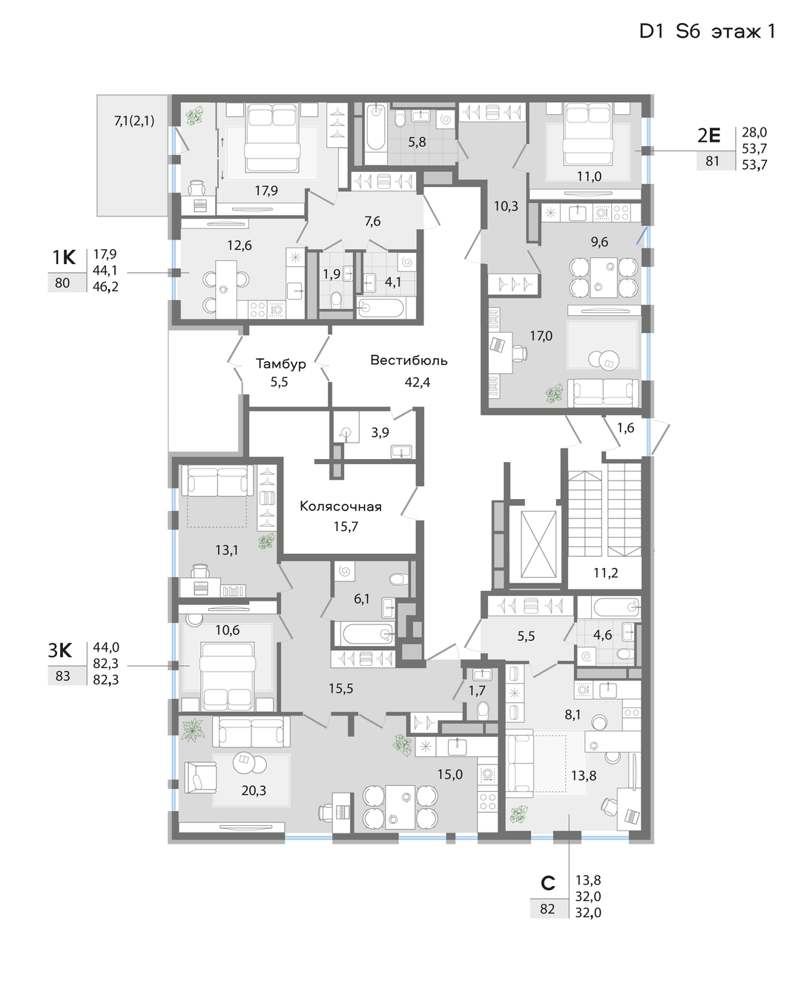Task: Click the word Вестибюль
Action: tap(408, 360)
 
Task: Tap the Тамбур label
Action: tap(280, 364)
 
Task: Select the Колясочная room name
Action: tap(340, 506)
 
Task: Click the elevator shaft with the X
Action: tap(538, 544)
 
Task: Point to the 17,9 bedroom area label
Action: tap(266, 191)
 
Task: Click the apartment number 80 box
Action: tap(62, 283)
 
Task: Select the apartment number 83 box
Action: tap(62, 676)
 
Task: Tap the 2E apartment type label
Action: tap(708, 136)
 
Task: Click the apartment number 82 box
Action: tap(547, 909)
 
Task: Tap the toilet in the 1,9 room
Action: tap(336, 300)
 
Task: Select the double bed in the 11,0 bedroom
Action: tap(588, 134)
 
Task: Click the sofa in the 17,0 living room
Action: tap(603, 393)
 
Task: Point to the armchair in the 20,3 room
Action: tap(200, 777)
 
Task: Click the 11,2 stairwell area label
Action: tap(605, 573)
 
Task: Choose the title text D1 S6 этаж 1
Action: tap(707, 32)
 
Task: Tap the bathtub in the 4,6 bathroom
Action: tap(615, 607)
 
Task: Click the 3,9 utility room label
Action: tap(380, 432)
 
